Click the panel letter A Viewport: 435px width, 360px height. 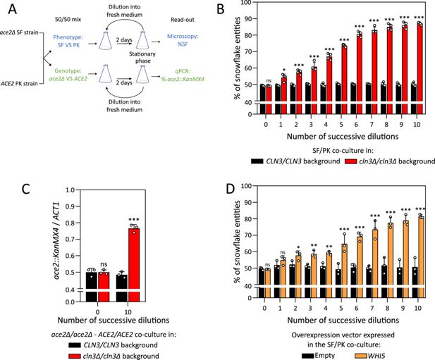pyautogui.click(x=13, y=9)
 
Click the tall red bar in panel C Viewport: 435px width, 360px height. pyautogui.click(x=134, y=265)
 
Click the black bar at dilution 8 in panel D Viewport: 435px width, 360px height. pyautogui.click(x=384, y=282)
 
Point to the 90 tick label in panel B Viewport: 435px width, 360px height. pyautogui.click(x=248, y=19)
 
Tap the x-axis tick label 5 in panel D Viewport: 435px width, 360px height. pyautogui.click(x=341, y=308)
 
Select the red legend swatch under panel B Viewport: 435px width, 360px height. pyautogui.click(x=350, y=161)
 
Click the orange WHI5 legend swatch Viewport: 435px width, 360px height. pyautogui.click(x=361, y=356)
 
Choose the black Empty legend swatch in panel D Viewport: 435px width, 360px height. pyautogui.click(x=308, y=356)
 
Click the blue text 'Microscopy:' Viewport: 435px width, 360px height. pyautogui.click(x=183, y=37)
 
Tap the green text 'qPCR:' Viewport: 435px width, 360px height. pyautogui.click(x=183, y=71)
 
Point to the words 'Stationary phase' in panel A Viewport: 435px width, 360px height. pyautogui.click(x=142, y=57)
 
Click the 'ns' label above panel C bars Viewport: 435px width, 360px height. pyautogui.click(x=104, y=264)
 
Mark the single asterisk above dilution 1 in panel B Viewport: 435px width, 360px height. pyautogui.click(x=283, y=70)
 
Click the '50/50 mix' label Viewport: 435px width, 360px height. pyautogui.click(x=68, y=20)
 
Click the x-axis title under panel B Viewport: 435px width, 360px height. pyautogui.click(x=343, y=137)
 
